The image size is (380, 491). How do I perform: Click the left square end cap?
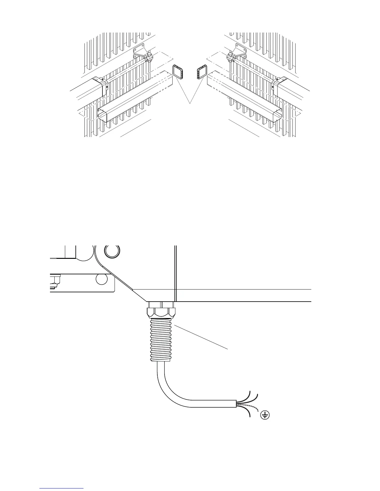(178, 72)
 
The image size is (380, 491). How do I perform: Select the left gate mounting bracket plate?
(139, 51)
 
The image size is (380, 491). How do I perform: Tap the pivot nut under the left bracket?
(149, 58)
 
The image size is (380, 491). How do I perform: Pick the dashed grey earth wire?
(248, 406)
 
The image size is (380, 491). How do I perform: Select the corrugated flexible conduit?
(160, 339)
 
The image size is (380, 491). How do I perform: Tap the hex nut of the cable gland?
(160, 311)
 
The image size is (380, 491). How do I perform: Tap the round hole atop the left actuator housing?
(96, 80)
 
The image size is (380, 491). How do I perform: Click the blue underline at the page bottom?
(62, 488)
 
